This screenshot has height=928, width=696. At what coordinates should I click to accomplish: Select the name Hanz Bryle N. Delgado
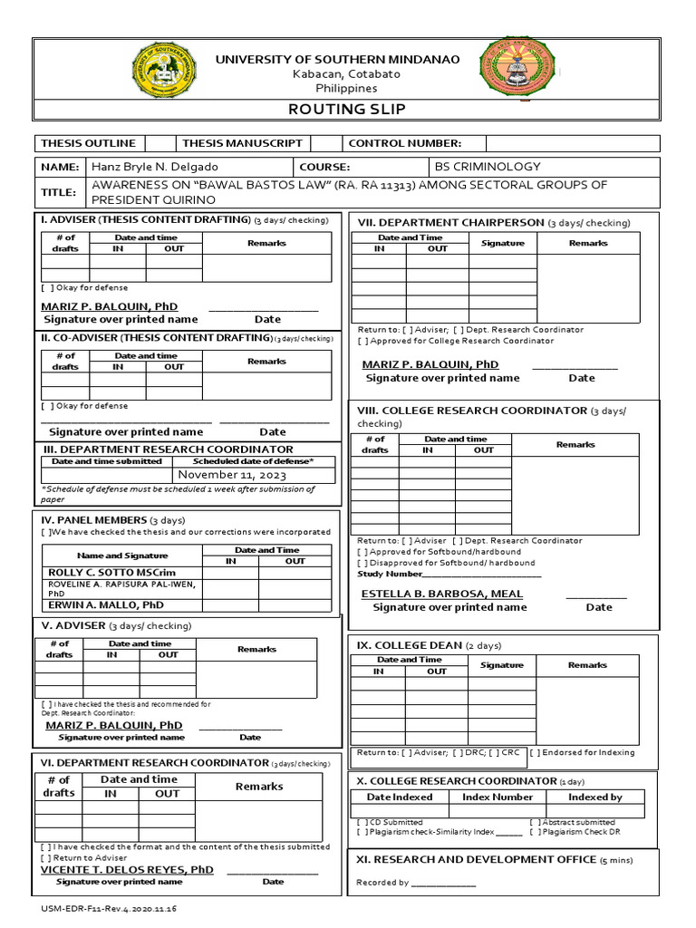(x=154, y=167)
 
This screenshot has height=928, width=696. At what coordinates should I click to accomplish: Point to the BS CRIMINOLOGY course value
(x=488, y=167)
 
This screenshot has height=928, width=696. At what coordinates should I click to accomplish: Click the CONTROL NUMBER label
(x=404, y=143)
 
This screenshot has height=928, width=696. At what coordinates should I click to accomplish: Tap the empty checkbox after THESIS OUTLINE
(x=159, y=143)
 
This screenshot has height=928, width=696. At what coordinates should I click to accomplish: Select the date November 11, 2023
(x=231, y=474)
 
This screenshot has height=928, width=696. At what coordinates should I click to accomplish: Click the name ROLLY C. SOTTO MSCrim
(x=97, y=573)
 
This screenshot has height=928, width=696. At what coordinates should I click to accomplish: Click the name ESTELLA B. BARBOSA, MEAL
(x=442, y=594)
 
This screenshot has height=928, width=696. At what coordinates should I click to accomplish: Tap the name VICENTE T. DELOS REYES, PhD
(x=127, y=869)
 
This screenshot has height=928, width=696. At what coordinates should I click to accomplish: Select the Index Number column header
(x=498, y=797)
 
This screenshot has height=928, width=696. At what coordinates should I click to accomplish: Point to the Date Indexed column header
(x=400, y=797)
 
